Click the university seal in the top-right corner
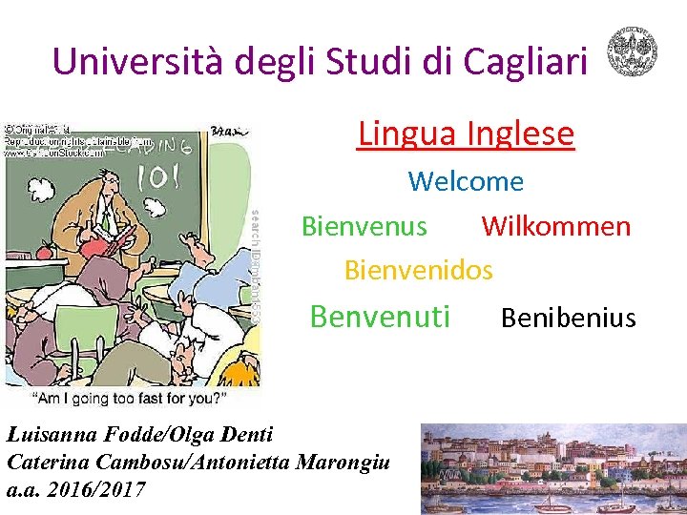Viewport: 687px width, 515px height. click(633, 51)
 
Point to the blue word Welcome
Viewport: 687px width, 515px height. click(466, 181)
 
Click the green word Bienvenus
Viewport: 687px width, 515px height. click(364, 226)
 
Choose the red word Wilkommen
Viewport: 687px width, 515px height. click(555, 226)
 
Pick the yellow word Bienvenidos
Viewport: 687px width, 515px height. click(418, 270)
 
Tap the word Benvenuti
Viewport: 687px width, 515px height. click(380, 316)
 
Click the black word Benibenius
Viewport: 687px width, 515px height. click(568, 318)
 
